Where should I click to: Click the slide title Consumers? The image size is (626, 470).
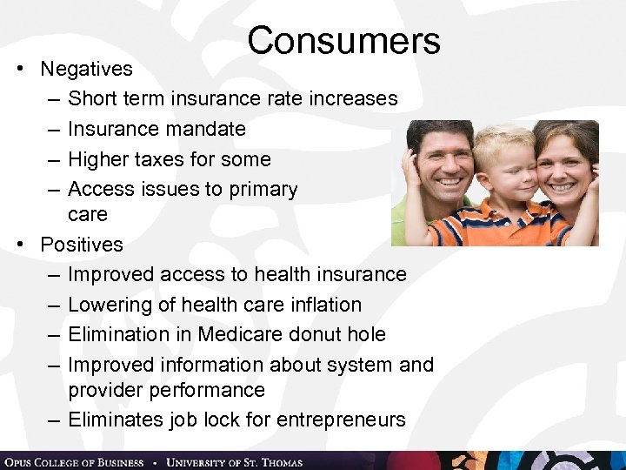click(343, 41)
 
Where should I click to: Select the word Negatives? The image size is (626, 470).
click(86, 69)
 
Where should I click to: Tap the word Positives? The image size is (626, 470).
click(82, 245)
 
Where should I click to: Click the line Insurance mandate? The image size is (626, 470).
click(156, 129)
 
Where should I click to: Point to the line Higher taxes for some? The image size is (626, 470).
click(169, 159)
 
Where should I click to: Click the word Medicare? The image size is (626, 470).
click(255, 334)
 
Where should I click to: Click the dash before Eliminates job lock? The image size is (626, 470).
click(54, 420)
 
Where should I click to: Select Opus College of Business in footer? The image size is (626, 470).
click(74, 461)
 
